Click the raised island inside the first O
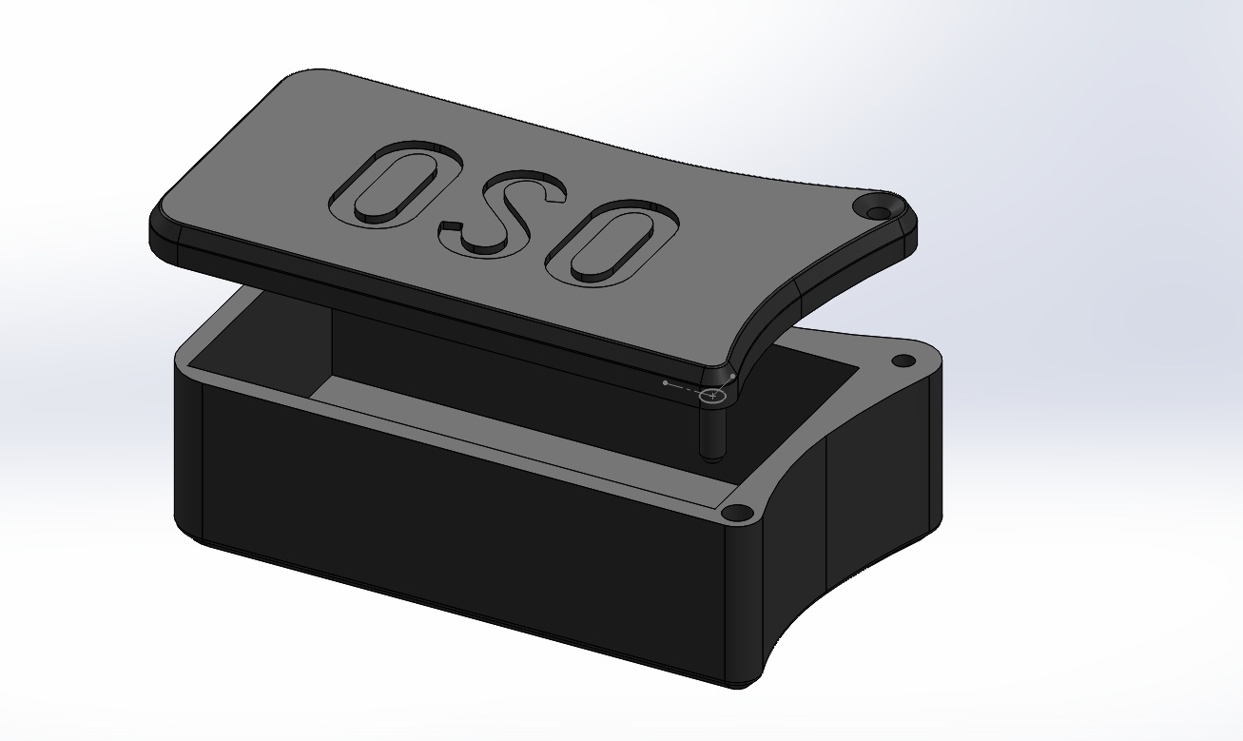click(395, 185)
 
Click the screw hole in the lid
click(876, 212)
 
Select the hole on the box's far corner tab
click(903, 361)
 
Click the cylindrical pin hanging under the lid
click(712, 430)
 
